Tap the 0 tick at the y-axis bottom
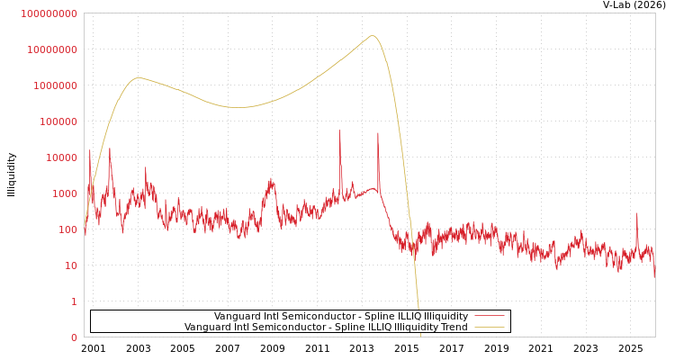74,337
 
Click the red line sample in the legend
489,316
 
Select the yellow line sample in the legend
489,327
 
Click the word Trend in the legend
453,327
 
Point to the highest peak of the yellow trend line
372,36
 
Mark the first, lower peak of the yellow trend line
138,77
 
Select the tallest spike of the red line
340,131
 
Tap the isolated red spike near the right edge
637,214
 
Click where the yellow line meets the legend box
418,310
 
